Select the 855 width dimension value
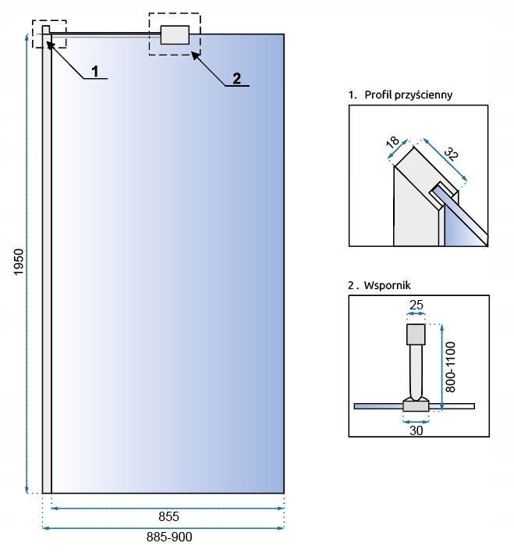pyautogui.click(x=168, y=516)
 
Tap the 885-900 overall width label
pyautogui.click(x=168, y=537)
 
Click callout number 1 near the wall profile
pyautogui.click(x=94, y=71)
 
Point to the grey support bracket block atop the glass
pyautogui.click(x=175, y=35)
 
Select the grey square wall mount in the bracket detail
pyautogui.click(x=417, y=334)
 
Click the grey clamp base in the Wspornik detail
pyautogui.click(x=415, y=405)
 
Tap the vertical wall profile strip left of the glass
pyautogui.click(x=47, y=266)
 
